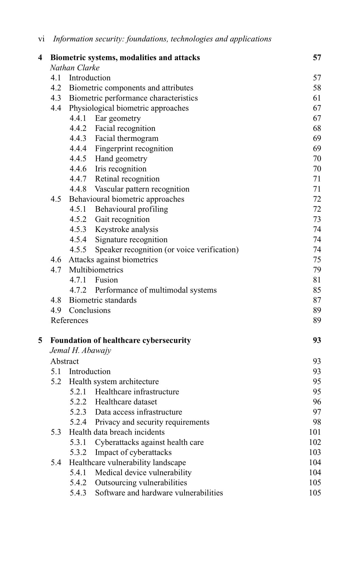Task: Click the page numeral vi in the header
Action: [41, 39]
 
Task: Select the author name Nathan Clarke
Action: [75, 68]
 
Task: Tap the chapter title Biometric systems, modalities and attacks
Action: [125, 58]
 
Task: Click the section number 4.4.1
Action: [78, 118]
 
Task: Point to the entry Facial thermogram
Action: [126, 138]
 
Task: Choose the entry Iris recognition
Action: [121, 169]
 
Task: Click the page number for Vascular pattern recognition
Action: [317, 189]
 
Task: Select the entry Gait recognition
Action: [122, 219]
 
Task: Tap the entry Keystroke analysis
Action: [126, 229]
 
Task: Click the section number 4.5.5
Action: [78, 250]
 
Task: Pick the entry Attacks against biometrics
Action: [113, 260]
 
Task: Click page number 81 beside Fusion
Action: [317, 280]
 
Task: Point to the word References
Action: [69, 320]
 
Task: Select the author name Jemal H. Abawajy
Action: [80, 350]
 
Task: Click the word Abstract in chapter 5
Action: [65, 361]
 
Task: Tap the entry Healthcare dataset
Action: [126, 402]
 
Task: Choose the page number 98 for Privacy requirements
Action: [317, 422]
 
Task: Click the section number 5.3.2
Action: [78, 452]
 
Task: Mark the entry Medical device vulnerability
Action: [143, 472]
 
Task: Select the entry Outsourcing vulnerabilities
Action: [141, 482]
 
